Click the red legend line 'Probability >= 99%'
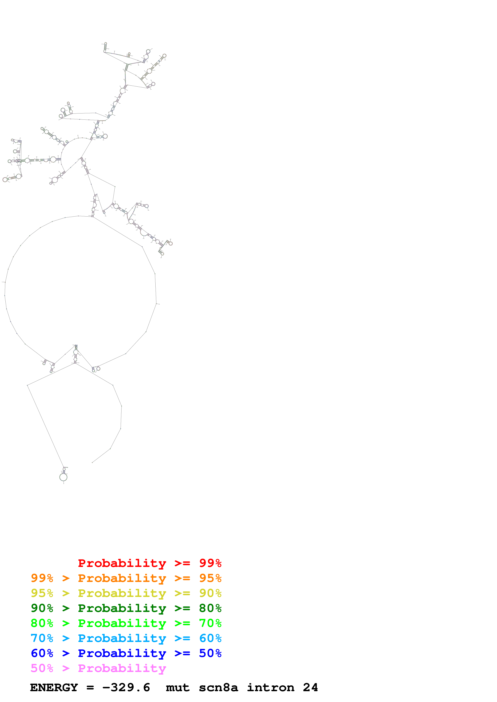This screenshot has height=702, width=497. pyautogui.click(x=149, y=563)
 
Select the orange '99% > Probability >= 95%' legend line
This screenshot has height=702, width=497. pyautogui.click(x=126, y=578)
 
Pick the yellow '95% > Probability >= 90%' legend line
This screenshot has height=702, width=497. pyautogui.click(x=126, y=593)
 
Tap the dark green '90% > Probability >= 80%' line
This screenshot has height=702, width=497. pyautogui.click(x=126, y=608)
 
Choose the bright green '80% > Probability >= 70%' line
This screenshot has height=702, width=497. pyautogui.click(x=126, y=623)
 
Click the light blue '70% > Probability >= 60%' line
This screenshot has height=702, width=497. pyautogui.click(x=126, y=638)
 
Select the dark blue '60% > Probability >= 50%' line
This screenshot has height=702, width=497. pyautogui.click(x=126, y=653)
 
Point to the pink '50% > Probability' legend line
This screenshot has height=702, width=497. pyautogui.click(x=98, y=668)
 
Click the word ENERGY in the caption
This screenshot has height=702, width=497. pyautogui.click(x=54, y=688)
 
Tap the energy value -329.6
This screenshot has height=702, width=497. pyautogui.click(x=126, y=688)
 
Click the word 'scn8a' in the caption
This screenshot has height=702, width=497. pyautogui.click(x=218, y=688)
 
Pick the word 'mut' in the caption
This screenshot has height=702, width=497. pyautogui.click(x=178, y=688)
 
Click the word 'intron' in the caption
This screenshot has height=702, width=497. pyautogui.click(x=271, y=688)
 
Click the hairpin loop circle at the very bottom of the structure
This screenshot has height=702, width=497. pyautogui.click(x=63, y=477)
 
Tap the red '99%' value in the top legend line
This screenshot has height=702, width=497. pyautogui.click(x=210, y=563)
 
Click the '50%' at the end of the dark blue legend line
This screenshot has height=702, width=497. pyautogui.click(x=210, y=653)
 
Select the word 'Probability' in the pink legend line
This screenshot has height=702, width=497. pyautogui.click(x=122, y=668)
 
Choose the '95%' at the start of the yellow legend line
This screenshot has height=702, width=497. pyautogui.click(x=42, y=593)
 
